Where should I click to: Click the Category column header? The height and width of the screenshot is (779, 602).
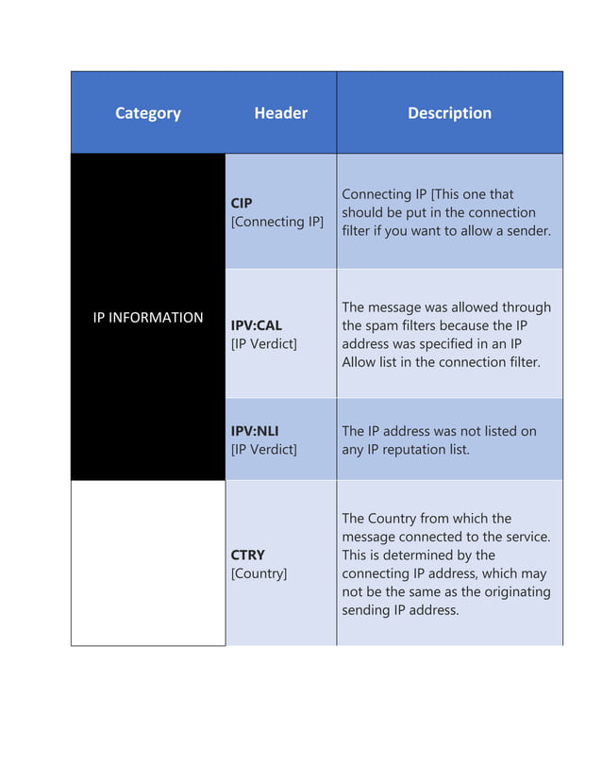pos(148,113)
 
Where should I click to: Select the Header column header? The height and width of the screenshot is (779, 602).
pos(280,113)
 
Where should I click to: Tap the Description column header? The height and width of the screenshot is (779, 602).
pos(449,113)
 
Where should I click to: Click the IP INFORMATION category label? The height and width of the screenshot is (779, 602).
pos(148,318)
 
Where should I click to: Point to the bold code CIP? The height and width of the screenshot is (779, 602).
pos(242,203)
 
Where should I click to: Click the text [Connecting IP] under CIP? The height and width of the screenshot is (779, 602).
pos(277,222)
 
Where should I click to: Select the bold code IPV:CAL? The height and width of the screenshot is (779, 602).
pos(257,325)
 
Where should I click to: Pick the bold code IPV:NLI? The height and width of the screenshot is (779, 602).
pos(255,431)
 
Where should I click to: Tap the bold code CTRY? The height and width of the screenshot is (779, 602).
pos(248,555)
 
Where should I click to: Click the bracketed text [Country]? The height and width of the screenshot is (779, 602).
pos(259,573)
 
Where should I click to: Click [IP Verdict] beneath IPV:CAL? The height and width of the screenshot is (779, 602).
pos(264,344)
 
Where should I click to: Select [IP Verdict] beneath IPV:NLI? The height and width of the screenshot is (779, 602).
pos(264,450)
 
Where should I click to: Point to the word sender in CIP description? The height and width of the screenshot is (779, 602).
pos(526,230)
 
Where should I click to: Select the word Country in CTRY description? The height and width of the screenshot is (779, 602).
pos(393,518)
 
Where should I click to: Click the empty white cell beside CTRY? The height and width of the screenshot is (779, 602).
pos(148,563)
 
